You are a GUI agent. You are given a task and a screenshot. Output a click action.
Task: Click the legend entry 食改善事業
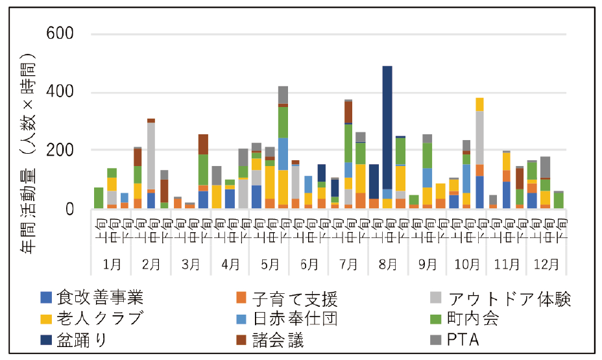(99, 298)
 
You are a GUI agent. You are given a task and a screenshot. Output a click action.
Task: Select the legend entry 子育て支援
(295, 298)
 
